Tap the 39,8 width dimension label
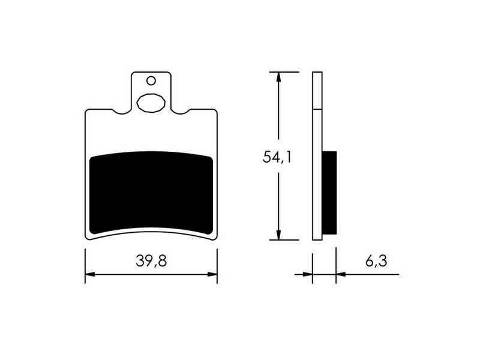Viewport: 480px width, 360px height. pos(151,261)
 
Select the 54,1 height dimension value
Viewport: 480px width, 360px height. pos(277,157)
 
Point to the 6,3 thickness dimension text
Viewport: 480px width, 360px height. pos(376,261)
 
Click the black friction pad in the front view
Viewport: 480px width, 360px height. pos(151,193)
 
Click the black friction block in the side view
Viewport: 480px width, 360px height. pos(329,193)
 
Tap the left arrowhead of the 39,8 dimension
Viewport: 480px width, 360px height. pos(89,274)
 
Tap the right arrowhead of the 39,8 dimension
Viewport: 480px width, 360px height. pos(212,274)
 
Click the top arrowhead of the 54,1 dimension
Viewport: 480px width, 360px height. pos(278,77)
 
